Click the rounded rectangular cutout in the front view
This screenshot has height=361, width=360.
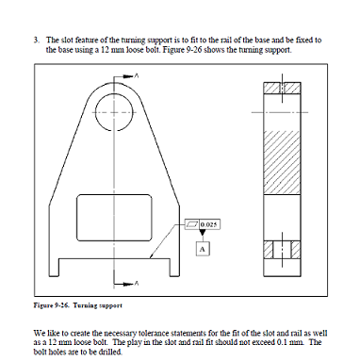117,215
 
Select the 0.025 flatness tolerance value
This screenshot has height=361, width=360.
211,224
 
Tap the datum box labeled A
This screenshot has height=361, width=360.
202,247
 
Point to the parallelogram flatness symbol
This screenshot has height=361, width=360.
193,224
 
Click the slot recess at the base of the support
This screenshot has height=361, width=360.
117,262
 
